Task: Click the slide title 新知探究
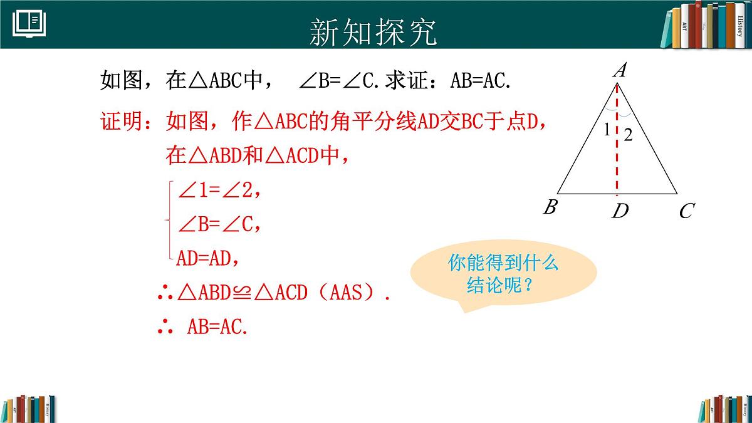coord(373,32)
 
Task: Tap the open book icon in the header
coord(29,23)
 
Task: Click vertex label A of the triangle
coord(619,71)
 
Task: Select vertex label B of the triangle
coord(550,207)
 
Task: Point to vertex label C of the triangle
coord(686,211)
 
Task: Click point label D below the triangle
coord(620,212)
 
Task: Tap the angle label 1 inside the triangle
coord(607,130)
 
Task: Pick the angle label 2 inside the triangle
coord(629,135)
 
